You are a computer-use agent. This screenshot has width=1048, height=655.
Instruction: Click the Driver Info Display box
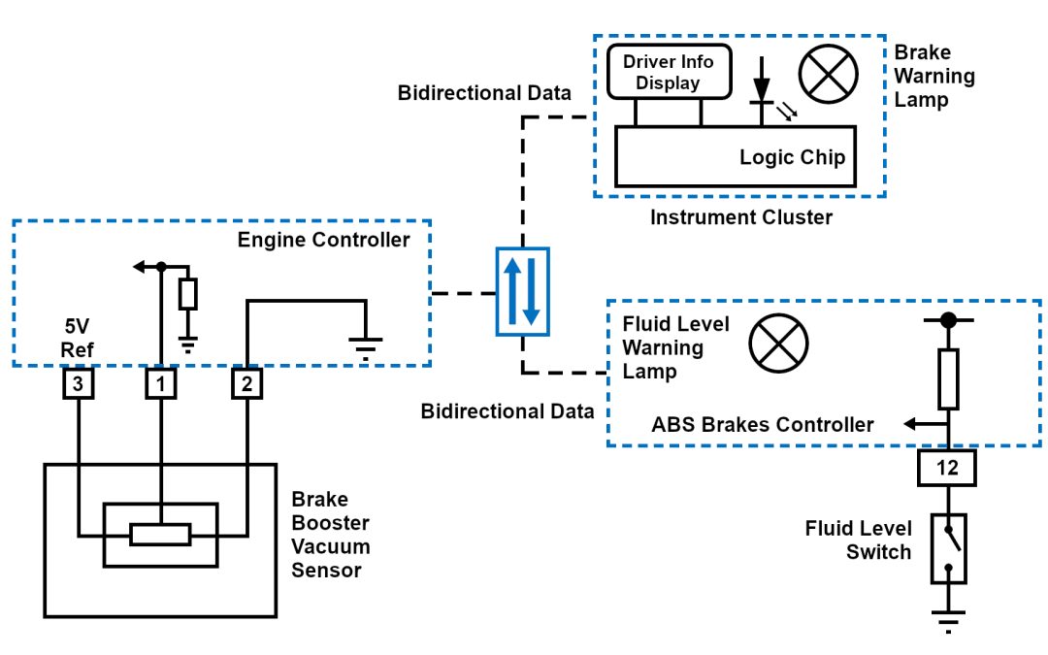(669, 73)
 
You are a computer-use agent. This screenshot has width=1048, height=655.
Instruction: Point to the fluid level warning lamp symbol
(779, 344)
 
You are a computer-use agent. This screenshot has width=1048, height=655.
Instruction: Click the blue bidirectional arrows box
(522, 291)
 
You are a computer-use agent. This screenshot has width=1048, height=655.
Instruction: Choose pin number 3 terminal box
(79, 383)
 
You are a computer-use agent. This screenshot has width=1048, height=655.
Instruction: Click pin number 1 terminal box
(161, 383)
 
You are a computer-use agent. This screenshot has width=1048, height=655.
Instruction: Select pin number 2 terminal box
(247, 383)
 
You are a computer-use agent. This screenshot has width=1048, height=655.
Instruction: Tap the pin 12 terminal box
(947, 469)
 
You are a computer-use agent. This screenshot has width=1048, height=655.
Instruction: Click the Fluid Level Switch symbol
(947, 548)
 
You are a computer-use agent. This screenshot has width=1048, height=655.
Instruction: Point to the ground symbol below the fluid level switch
(947, 622)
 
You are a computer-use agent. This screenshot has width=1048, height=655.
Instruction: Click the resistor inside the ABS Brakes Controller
(947, 379)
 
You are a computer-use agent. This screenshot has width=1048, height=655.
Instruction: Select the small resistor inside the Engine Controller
(188, 294)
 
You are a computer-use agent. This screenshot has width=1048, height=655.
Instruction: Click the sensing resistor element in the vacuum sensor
(160, 535)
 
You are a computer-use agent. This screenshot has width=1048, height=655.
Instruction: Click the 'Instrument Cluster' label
(740, 217)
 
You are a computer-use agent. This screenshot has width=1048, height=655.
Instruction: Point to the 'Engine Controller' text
(323, 240)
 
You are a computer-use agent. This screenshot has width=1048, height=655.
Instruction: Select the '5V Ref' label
(79, 337)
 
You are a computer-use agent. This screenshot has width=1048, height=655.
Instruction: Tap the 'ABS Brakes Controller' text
(763, 424)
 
